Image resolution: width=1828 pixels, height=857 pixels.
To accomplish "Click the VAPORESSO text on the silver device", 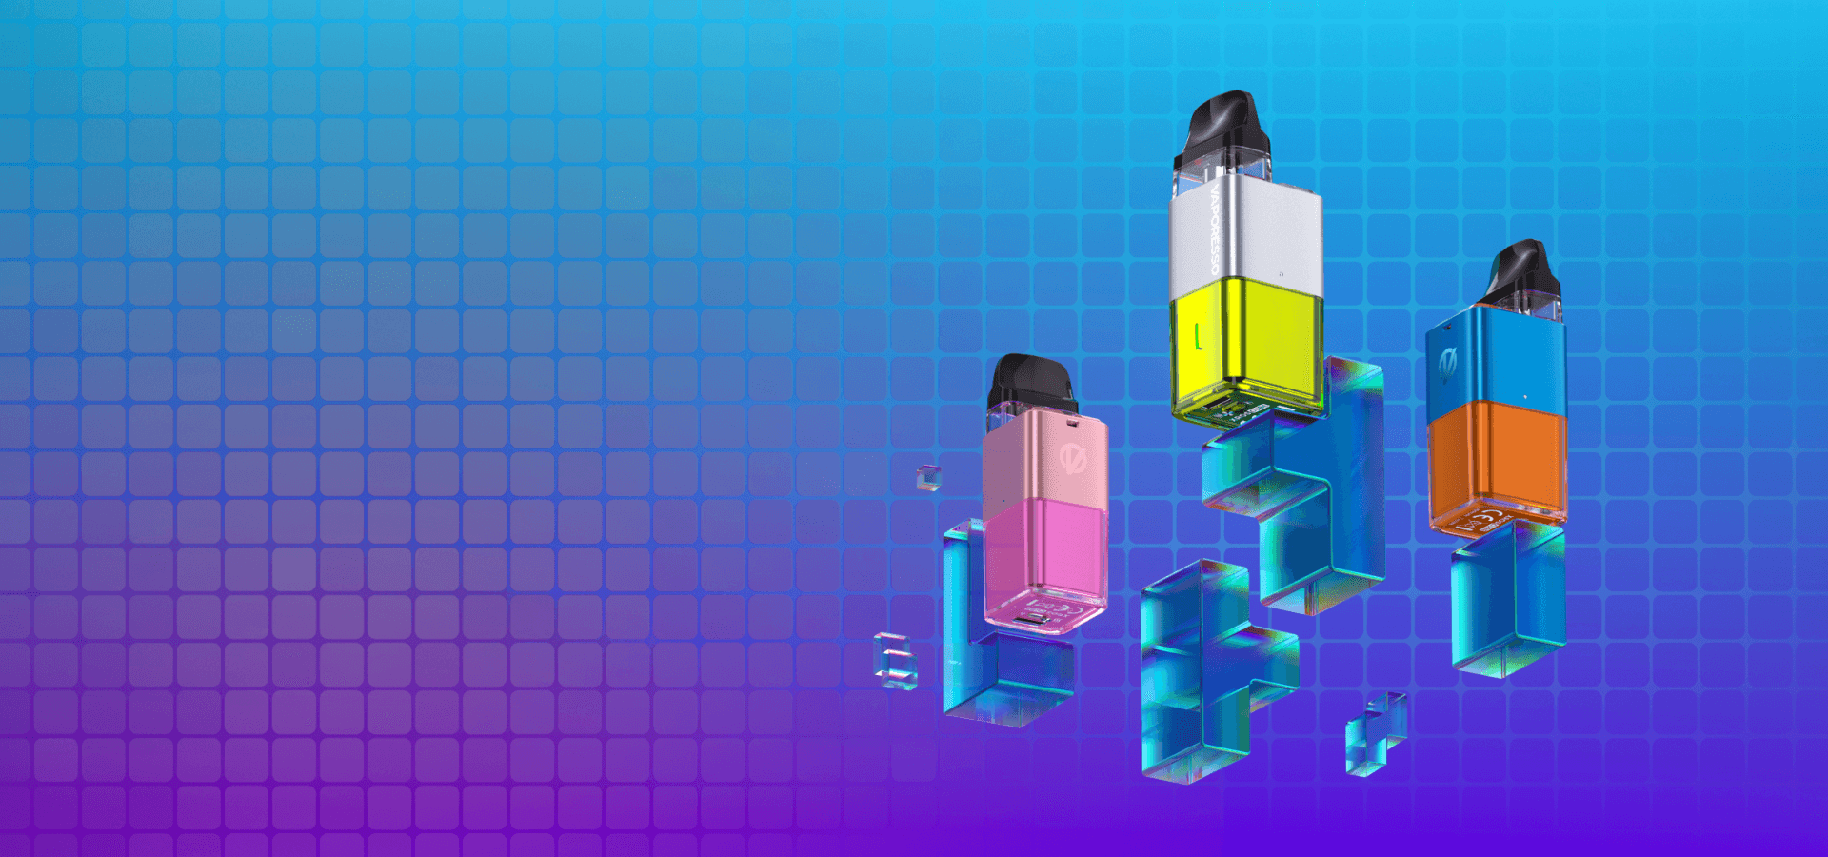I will point(1215,229).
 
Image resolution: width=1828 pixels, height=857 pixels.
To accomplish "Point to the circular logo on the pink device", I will point(1074,457).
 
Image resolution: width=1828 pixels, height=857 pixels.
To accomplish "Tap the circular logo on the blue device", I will point(1449,362).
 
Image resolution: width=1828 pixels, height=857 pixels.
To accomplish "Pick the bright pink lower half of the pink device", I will point(1045,552).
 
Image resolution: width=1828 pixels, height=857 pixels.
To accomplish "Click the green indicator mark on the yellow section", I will point(1198,336).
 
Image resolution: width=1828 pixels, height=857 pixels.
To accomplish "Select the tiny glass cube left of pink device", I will point(928,477).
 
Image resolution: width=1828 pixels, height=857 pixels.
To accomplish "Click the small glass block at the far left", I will point(895,660).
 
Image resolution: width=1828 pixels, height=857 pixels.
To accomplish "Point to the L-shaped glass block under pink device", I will point(990,667).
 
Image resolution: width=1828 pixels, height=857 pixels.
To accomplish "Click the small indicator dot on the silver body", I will point(1281,274).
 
